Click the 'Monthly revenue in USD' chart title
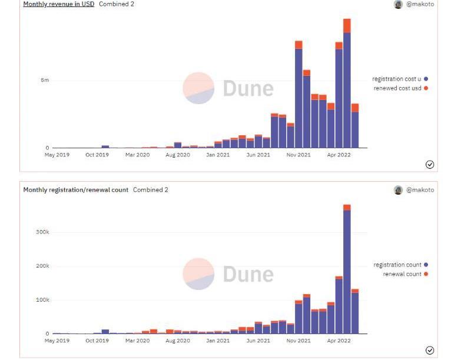(x=58, y=4)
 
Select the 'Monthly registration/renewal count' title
(x=75, y=190)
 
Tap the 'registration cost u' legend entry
(x=396, y=79)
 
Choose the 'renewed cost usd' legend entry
(x=397, y=88)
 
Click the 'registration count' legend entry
(x=397, y=265)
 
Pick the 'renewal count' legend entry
(x=402, y=274)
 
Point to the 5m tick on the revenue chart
(x=45, y=80)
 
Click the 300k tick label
(x=42, y=232)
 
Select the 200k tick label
(x=42, y=266)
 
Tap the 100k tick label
(x=42, y=300)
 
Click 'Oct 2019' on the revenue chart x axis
(x=97, y=155)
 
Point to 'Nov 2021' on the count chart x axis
(x=299, y=341)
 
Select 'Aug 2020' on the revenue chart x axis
(x=178, y=155)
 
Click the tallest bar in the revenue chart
(x=347, y=88)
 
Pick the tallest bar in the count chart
(x=347, y=271)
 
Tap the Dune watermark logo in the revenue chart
(x=198, y=88)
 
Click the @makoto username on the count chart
(x=420, y=190)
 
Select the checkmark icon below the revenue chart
(x=430, y=165)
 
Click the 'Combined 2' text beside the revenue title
(x=117, y=4)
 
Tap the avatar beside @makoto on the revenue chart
(x=399, y=4)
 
